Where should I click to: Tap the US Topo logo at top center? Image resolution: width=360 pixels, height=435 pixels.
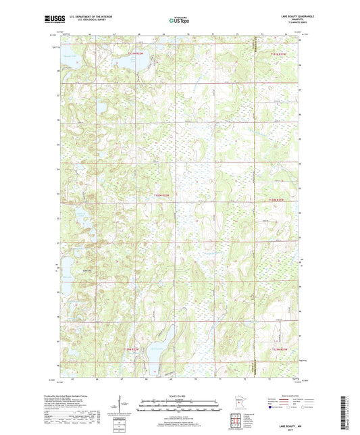(178, 21)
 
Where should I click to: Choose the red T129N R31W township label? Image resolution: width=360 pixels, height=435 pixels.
(279, 349)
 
